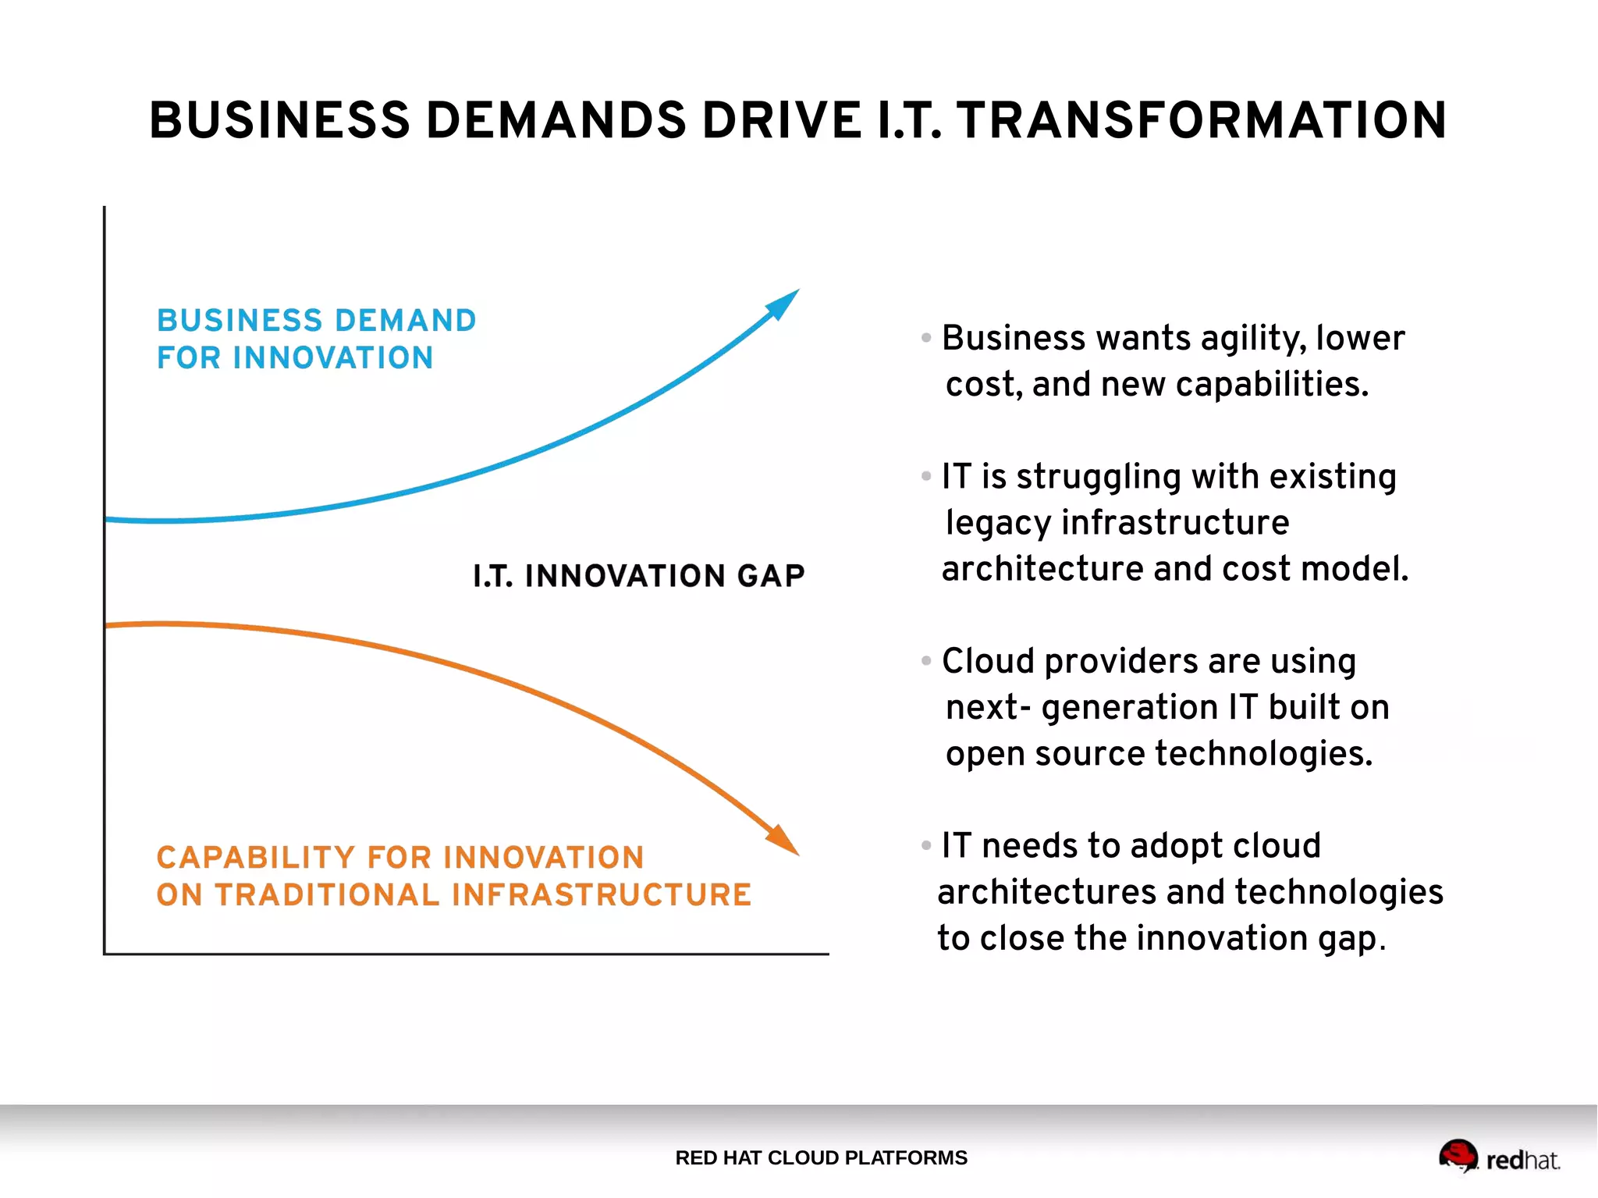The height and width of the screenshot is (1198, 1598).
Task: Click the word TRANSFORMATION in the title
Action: [x=1202, y=121]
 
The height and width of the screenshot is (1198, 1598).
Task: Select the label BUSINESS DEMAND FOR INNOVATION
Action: [x=315, y=339]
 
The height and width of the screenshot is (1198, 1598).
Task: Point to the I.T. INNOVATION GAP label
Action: [x=638, y=576]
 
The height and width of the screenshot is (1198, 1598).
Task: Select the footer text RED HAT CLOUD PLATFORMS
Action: [x=821, y=1157]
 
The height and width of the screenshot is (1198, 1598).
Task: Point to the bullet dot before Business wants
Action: [x=926, y=338]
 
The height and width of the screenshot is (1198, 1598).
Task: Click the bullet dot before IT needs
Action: [x=926, y=845]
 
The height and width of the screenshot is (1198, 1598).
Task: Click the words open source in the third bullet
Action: [x=1045, y=754]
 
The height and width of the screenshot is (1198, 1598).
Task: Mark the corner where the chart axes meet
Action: [x=105, y=953]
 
